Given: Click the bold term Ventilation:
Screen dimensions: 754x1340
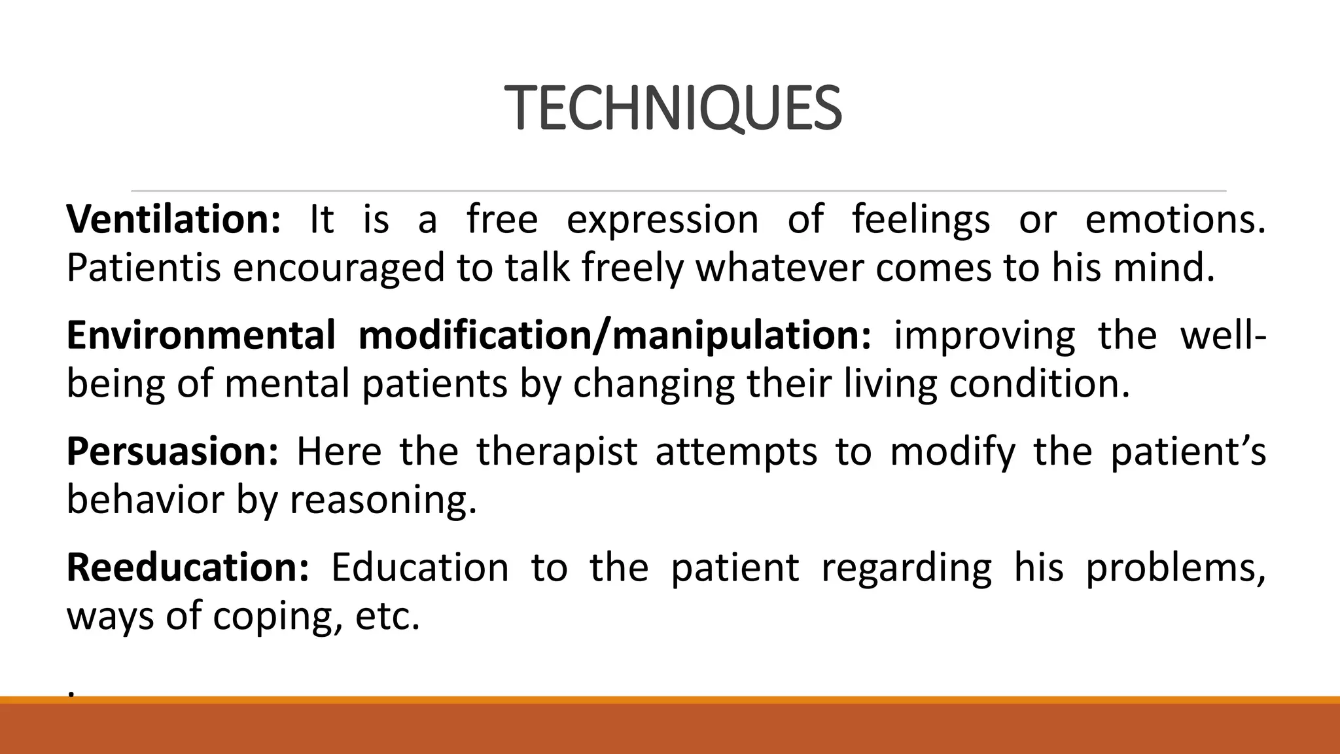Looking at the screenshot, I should (x=173, y=219).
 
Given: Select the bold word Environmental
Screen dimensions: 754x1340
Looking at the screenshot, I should (x=201, y=335).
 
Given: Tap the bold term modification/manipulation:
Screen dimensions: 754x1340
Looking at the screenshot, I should (x=614, y=335).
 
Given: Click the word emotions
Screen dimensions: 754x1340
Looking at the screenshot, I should (x=1174, y=219).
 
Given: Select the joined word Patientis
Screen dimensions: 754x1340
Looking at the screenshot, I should (x=143, y=268).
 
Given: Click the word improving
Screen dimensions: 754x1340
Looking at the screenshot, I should (x=983, y=335).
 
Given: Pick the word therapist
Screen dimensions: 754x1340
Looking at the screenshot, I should (x=556, y=452).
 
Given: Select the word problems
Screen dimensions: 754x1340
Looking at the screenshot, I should (x=1174, y=567).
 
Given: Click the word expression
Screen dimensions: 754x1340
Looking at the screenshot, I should (x=661, y=219).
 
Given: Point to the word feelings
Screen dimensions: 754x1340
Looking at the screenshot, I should (x=921, y=219).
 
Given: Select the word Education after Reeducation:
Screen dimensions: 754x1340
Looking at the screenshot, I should (x=419, y=567).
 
